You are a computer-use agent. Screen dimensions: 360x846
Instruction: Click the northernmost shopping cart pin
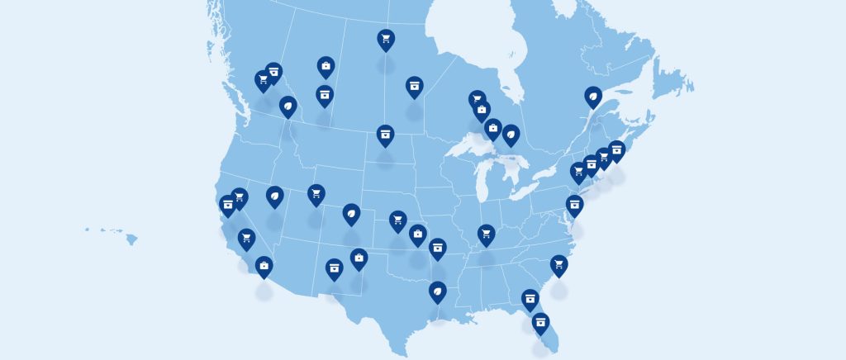pyautogui.click(x=385, y=38)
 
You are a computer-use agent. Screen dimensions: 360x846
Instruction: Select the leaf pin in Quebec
pyautogui.click(x=593, y=97)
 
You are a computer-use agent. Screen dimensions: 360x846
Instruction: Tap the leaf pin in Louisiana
pyautogui.click(x=437, y=291)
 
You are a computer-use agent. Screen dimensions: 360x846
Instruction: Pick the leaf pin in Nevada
pyautogui.click(x=274, y=196)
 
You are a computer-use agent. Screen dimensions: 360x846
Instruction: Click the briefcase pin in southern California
pyautogui.click(x=264, y=266)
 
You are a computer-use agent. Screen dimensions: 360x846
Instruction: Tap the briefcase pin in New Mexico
pyautogui.click(x=359, y=258)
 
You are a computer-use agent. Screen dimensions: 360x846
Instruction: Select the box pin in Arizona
pyautogui.click(x=334, y=268)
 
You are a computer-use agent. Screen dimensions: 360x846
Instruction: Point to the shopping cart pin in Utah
pyautogui.click(x=316, y=194)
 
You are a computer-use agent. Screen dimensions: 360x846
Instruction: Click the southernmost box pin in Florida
pyautogui.click(x=541, y=322)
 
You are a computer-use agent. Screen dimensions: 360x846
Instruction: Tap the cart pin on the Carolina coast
pyautogui.click(x=559, y=264)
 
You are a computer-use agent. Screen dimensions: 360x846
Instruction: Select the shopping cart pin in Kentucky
pyautogui.click(x=486, y=234)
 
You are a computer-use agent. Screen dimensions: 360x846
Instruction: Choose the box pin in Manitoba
pyautogui.click(x=414, y=86)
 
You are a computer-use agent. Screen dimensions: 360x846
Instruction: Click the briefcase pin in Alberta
pyautogui.click(x=326, y=66)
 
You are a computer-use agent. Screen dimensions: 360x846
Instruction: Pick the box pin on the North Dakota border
pyautogui.click(x=385, y=134)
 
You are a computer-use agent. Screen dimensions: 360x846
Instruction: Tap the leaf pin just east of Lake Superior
pyautogui.click(x=511, y=134)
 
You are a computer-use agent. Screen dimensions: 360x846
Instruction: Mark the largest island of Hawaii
pyautogui.click(x=131, y=239)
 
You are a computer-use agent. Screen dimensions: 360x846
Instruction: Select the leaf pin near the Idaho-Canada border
pyautogui.click(x=288, y=107)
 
